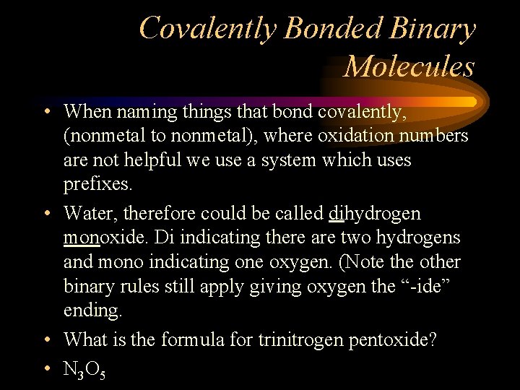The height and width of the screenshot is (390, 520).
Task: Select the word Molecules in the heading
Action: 409,66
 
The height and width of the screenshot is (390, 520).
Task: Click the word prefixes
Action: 97,184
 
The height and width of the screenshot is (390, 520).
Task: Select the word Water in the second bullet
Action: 85,213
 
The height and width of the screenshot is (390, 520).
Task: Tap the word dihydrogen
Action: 374,213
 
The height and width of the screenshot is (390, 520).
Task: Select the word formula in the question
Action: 187,340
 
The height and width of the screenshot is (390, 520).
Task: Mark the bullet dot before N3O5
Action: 45,369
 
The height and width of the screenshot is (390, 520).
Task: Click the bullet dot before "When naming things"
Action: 45,112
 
